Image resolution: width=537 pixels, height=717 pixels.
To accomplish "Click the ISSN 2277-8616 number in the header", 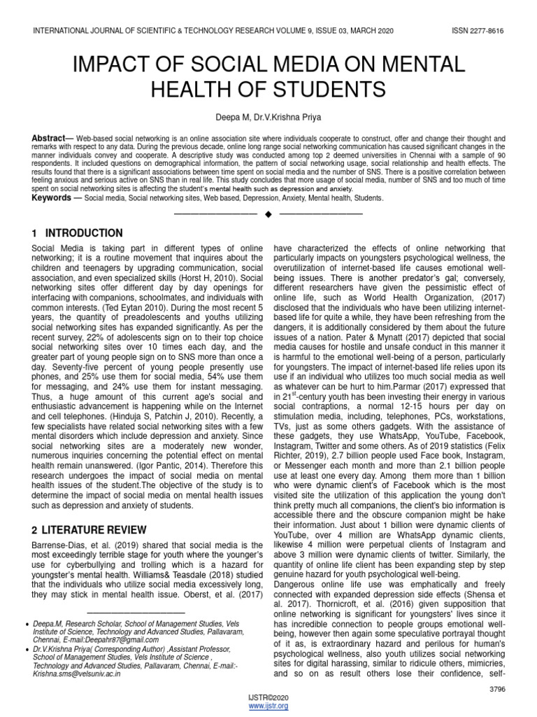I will click(473, 32).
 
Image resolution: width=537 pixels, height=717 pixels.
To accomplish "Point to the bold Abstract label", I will click(48, 139).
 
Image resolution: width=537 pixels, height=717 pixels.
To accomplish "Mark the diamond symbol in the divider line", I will click(268, 213).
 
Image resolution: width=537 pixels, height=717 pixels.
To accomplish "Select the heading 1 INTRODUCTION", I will click(77, 233).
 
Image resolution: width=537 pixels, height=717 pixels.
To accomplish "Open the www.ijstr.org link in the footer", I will click(268, 706).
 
